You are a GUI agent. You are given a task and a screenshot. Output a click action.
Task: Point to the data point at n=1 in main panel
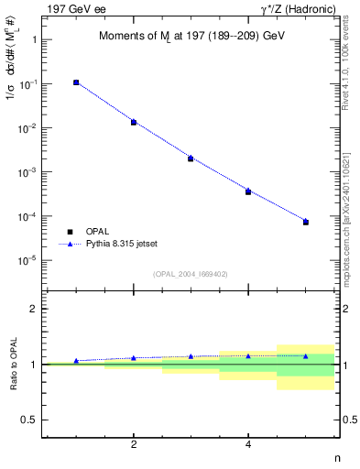click(76, 82)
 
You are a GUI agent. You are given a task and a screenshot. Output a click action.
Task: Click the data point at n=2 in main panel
click(134, 122)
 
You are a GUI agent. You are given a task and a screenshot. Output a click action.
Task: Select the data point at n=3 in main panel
click(191, 158)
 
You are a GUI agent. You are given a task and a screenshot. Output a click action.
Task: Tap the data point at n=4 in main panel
click(248, 191)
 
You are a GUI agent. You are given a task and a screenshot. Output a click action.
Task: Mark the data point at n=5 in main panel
click(306, 222)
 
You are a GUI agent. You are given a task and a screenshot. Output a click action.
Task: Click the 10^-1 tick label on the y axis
click(28, 84)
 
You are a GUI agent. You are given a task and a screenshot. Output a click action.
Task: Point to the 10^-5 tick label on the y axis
click(28, 261)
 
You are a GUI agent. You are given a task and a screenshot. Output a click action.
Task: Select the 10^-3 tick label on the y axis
click(28, 172)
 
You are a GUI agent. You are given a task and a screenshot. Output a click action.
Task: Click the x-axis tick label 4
click(248, 444)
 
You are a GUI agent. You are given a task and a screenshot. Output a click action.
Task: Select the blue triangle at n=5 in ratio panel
click(306, 355)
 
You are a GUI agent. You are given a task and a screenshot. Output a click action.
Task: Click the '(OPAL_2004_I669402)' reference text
click(191, 273)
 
